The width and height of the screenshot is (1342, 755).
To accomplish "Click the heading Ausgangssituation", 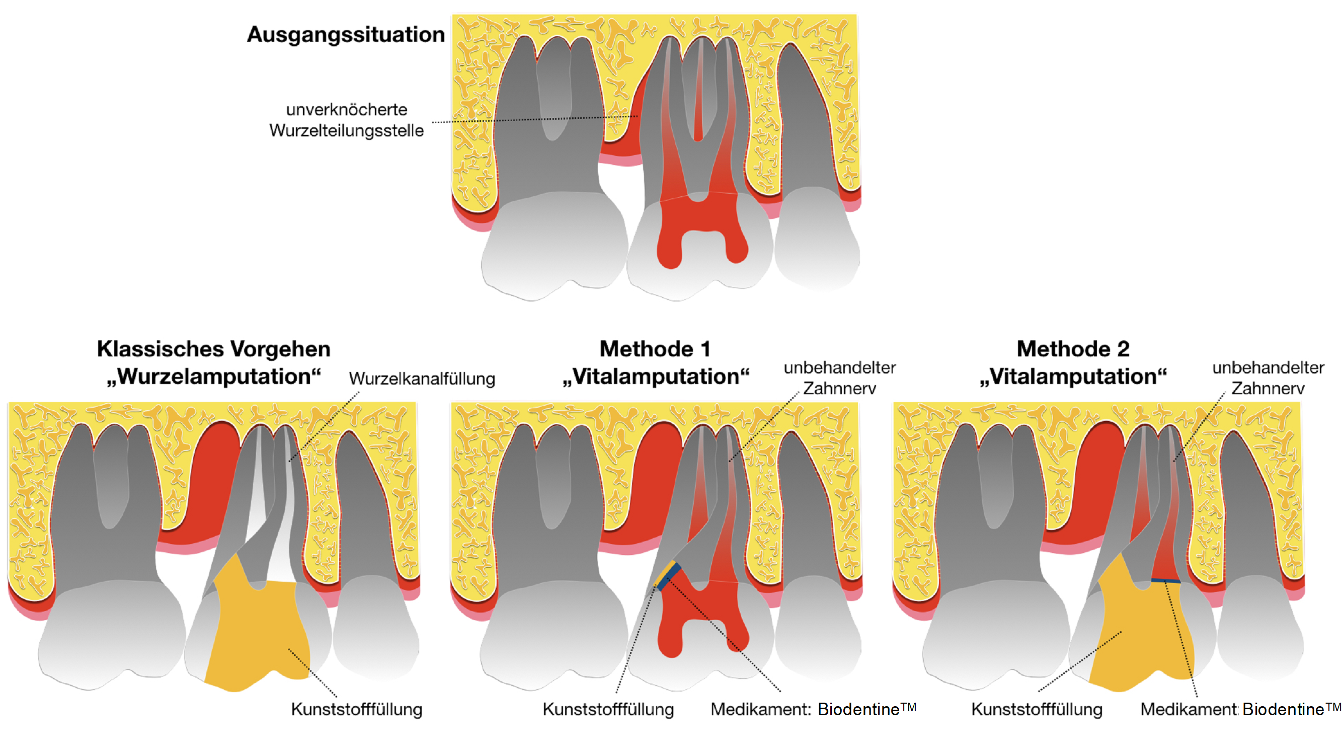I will tap(346, 34).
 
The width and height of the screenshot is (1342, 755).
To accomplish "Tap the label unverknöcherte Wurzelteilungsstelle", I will tap(346, 120).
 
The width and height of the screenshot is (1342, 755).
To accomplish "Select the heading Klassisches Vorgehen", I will tap(213, 349).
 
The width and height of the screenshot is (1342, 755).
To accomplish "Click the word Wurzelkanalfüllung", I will tap(422, 379).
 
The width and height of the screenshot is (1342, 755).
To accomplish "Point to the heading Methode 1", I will tap(655, 349).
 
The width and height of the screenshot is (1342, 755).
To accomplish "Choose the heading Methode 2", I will tap(1073, 349).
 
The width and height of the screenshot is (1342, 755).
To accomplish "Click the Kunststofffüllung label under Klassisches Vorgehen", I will tap(356, 710).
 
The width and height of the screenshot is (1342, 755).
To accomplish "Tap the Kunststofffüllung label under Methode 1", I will tap(608, 710).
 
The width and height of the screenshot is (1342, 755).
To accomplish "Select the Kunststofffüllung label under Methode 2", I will tap(1037, 710).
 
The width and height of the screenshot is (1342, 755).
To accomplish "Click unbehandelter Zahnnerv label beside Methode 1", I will tap(840, 378).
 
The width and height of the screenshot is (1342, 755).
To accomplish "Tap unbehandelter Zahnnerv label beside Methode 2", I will tap(1268, 378).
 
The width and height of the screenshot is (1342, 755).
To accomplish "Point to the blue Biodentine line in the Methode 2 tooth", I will tap(1166, 580).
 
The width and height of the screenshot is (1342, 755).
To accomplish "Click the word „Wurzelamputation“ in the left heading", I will tap(213, 376).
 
